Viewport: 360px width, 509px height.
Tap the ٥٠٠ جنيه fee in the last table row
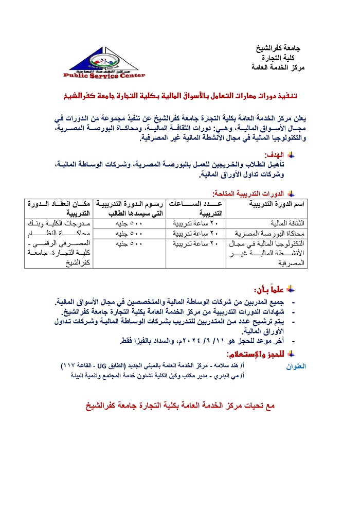[x=127, y=242]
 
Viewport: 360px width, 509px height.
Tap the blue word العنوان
[x=295, y=366]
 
